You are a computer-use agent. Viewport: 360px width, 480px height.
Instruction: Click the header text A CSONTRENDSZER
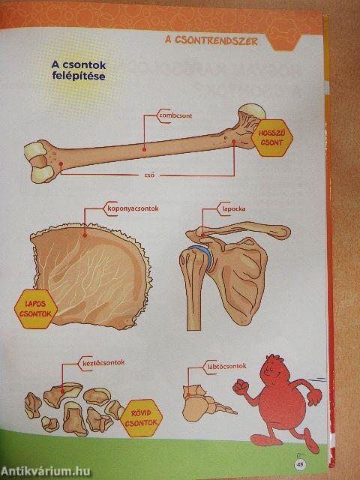[211, 40]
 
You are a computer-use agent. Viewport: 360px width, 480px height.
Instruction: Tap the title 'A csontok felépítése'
[79, 70]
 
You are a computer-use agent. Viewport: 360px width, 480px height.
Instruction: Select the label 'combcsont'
[175, 115]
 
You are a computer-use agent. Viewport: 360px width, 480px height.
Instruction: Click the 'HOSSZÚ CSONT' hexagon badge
[271, 138]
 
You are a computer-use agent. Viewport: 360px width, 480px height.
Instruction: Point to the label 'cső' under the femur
[149, 175]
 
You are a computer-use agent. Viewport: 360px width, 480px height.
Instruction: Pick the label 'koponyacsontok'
[133, 208]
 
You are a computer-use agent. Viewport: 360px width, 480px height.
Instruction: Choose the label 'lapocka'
[234, 209]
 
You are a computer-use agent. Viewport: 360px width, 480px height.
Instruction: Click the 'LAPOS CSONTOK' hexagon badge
[36, 309]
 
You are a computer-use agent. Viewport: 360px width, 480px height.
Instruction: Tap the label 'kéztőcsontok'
[103, 363]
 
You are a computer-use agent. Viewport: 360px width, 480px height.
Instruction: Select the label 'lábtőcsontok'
[226, 367]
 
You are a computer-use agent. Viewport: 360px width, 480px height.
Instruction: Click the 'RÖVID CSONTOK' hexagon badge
[141, 418]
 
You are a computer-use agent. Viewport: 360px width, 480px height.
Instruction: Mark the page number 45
[300, 464]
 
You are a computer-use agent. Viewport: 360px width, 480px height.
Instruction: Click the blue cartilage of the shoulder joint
[202, 256]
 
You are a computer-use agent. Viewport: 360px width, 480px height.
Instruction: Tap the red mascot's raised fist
[241, 386]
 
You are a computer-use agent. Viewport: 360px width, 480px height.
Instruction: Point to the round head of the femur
[253, 111]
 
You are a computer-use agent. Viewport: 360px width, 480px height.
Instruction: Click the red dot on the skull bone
[85, 235]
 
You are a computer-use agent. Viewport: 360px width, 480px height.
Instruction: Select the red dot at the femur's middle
[144, 149]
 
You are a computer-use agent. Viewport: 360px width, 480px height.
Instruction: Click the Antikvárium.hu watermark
[46, 472]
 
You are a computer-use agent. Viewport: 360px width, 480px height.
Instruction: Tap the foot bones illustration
[208, 403]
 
